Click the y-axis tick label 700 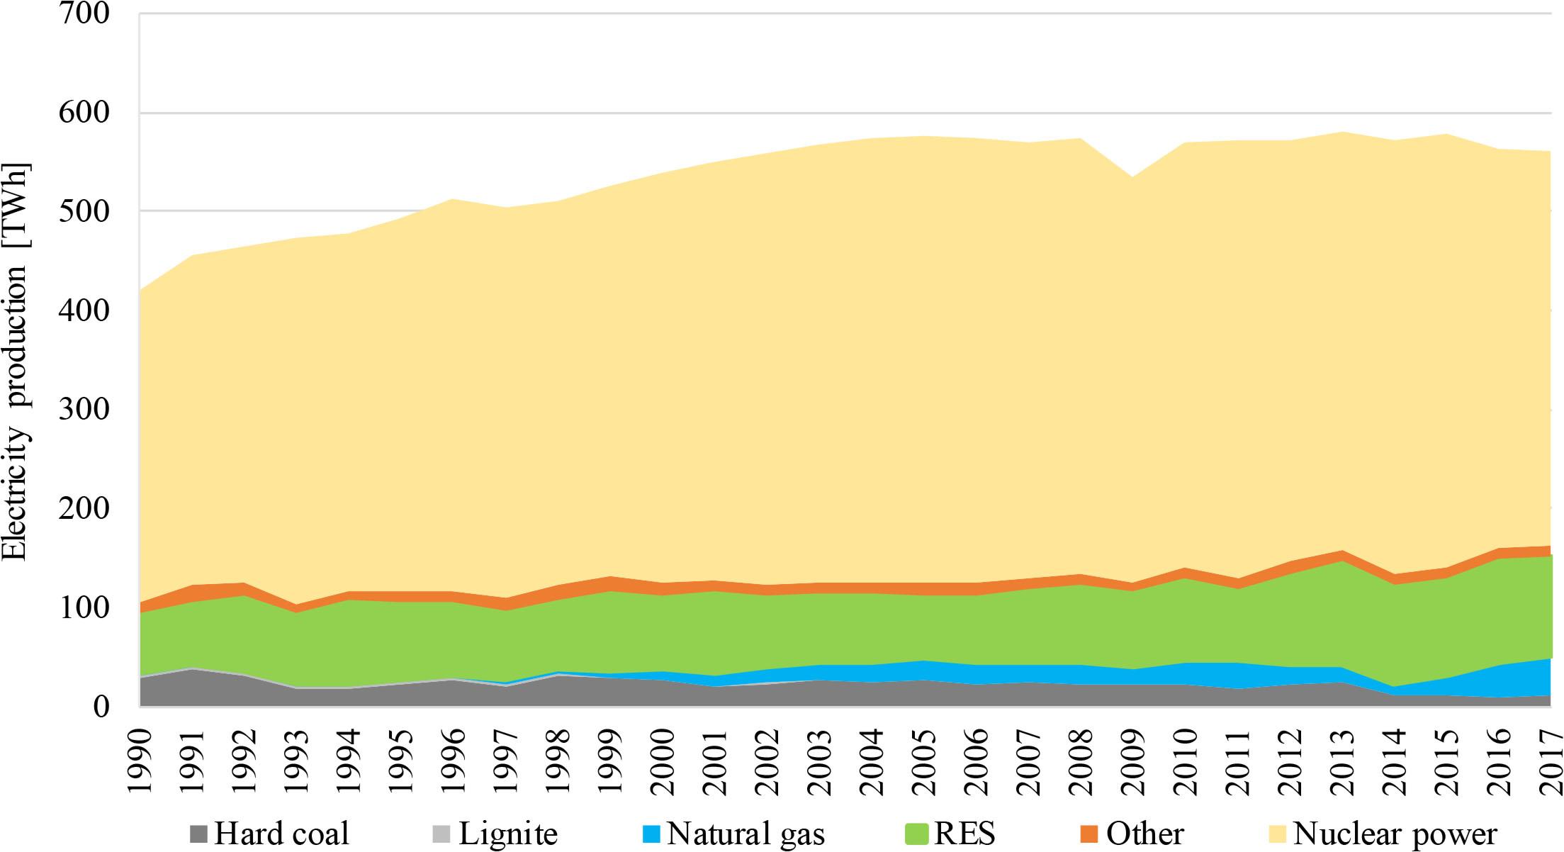point(84,13)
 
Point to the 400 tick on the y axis point(84,310)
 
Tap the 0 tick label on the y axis point(100,706)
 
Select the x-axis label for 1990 point(139,759)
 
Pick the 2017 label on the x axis point(1550,759)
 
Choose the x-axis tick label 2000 point(663,759)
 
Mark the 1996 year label point(453,759)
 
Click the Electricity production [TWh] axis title point(16,362)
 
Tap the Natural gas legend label point(745,834)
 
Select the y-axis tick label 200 point(84,508)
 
